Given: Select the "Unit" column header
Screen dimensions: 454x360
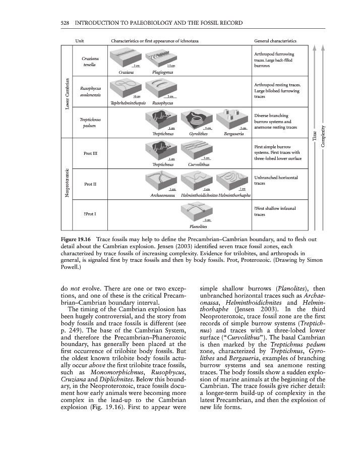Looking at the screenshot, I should coord(79,40).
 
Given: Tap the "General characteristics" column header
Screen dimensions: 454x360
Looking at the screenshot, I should coord(275,40).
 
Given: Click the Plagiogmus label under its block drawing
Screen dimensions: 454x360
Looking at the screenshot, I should coord(162,72).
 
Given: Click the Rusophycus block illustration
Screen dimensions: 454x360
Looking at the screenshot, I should coord(162,89).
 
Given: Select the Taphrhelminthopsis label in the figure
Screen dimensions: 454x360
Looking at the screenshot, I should coord(128,103).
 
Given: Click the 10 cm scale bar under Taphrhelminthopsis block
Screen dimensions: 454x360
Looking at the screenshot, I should coord(136,96).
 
